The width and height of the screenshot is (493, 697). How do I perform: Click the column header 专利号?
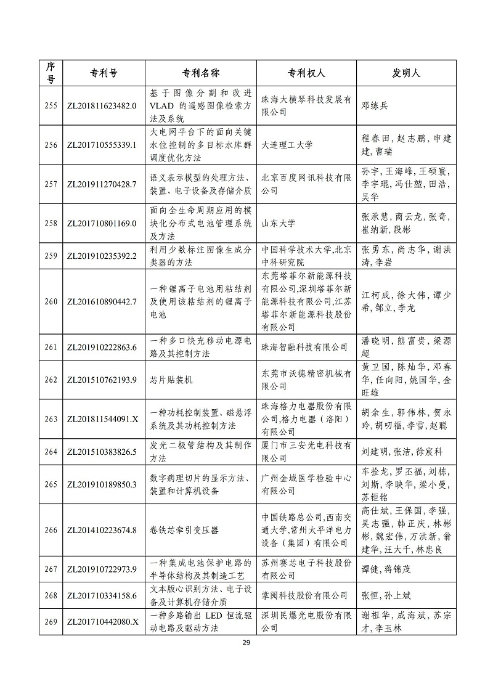pos(100,73)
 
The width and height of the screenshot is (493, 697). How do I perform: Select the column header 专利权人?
pos(304,73)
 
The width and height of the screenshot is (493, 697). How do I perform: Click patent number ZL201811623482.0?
pos(101,105)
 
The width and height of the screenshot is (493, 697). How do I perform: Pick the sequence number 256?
pos(51,145)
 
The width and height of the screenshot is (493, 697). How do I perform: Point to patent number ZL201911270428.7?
pos(101,184)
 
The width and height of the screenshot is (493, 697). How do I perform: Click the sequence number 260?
pos(51,301)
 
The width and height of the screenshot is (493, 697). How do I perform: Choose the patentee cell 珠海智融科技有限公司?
pos(304,348)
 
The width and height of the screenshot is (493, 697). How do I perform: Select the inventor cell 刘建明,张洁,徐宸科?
pos(402,452)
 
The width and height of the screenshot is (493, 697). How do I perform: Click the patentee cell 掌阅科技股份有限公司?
pos(304,595)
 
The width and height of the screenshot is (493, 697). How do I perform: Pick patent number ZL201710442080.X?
pos(101,621)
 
